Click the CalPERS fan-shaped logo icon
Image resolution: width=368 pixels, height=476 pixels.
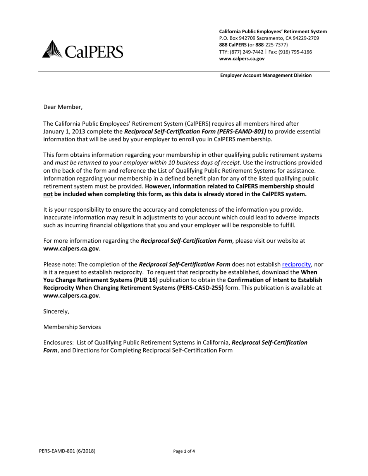(x=52, y=49)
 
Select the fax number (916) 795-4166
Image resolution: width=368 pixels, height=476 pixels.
(x=295, y=52)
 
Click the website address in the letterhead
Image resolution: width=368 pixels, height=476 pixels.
(x=242, y=59)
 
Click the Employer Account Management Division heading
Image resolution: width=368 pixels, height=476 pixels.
(x=266, y=75)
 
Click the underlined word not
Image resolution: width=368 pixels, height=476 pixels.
(x=48, y=194)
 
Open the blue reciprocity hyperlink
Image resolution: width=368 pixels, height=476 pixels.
(x=296, y=264)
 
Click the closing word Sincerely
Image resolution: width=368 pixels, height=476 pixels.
(x=56, y=311)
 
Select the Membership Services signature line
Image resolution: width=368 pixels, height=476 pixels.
(x=72, y=327)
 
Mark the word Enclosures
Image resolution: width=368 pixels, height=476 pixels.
(x=58, y=342)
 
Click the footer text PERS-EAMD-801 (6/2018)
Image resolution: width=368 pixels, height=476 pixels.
(x=67, y=451)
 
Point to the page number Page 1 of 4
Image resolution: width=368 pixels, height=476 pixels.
(x=184, y=451)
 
